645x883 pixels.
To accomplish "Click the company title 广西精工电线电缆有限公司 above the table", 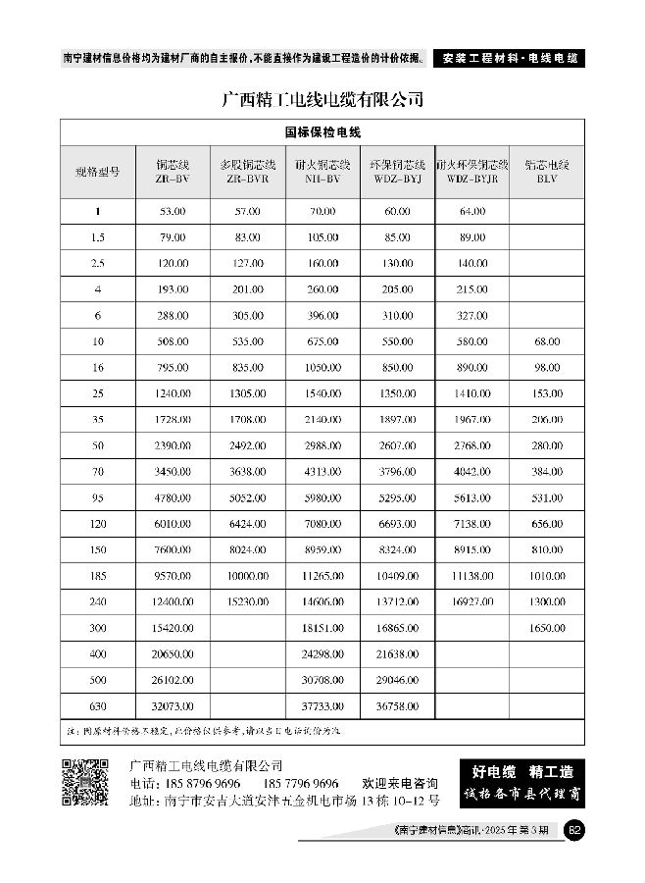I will click(322, 99).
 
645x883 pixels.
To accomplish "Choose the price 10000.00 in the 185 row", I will click(248, 576).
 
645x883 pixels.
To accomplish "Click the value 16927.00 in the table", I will click(471, 601).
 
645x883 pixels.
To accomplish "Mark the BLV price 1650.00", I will click(547, 628).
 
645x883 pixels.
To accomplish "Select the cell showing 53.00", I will click(174, 212).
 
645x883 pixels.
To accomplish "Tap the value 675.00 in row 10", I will click(322, 341).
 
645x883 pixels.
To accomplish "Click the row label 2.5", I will click(98, 264).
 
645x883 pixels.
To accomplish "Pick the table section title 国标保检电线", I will click(322, 131).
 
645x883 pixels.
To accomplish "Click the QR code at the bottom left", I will click(85, 782).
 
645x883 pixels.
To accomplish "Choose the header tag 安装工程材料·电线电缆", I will click(508, 58).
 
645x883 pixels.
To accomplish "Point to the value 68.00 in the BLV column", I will click(547, 341).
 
